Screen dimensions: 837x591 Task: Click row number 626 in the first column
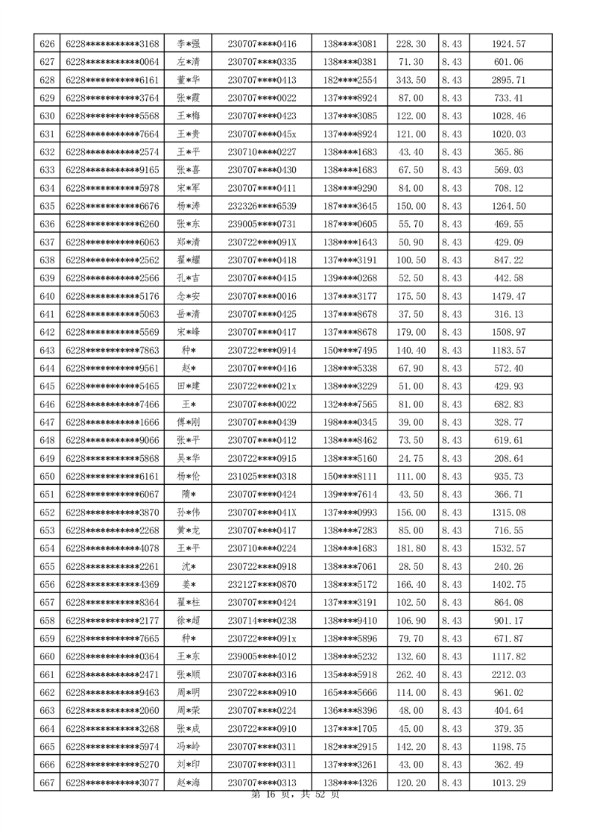(46, 44)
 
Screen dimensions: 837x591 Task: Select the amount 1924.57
(509, 44)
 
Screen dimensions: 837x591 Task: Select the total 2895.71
(509, 80)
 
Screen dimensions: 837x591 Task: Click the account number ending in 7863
(113, 351)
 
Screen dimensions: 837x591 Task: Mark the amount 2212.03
(509, 675)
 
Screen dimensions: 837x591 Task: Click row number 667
(46, 783)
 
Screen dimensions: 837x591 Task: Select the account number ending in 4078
(113, 549)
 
